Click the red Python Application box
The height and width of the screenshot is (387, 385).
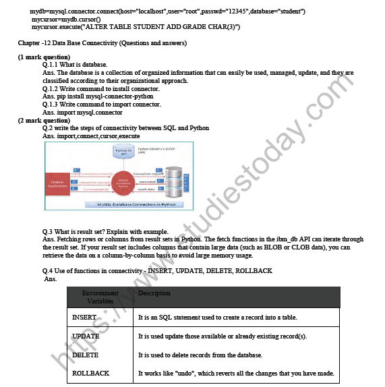pos(57,183)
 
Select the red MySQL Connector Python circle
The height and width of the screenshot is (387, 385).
pos(123,183)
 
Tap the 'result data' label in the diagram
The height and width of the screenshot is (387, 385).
pos(146,190)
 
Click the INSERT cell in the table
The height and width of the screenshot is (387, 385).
pos(84,317)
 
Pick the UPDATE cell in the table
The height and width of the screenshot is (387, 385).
pos(86,336)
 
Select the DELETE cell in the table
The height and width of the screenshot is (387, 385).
pos(85,355)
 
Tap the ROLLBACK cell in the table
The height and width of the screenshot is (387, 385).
pos(90,373)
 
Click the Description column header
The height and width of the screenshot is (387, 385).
pos(154,293)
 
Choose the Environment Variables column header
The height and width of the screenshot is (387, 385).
pos(100,297)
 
